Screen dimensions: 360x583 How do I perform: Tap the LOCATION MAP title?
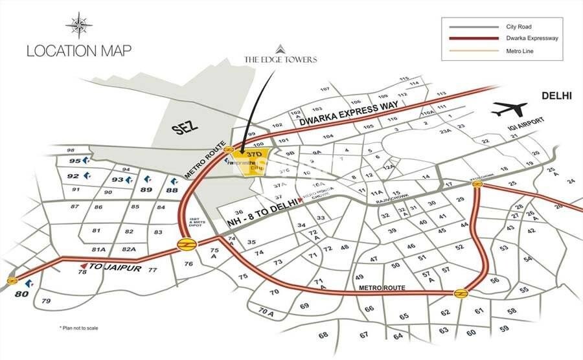pos(79,51)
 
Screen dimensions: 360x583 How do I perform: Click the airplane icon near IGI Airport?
pos(509,109)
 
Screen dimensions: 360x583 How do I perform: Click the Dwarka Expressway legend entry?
pos(532,38)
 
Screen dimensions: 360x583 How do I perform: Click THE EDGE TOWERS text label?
pos(280,60)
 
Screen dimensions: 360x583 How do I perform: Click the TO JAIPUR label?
pos(114,267)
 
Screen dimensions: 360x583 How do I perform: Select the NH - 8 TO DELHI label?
pos(262,214)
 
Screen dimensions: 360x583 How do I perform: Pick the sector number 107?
pos(325,89)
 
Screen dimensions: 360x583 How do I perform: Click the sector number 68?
pos(324,335)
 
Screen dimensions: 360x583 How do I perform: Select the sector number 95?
pos(75,161)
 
